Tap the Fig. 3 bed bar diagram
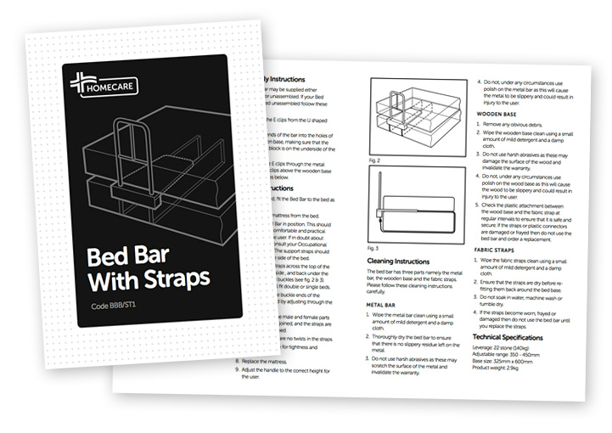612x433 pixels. tap(414, 205)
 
